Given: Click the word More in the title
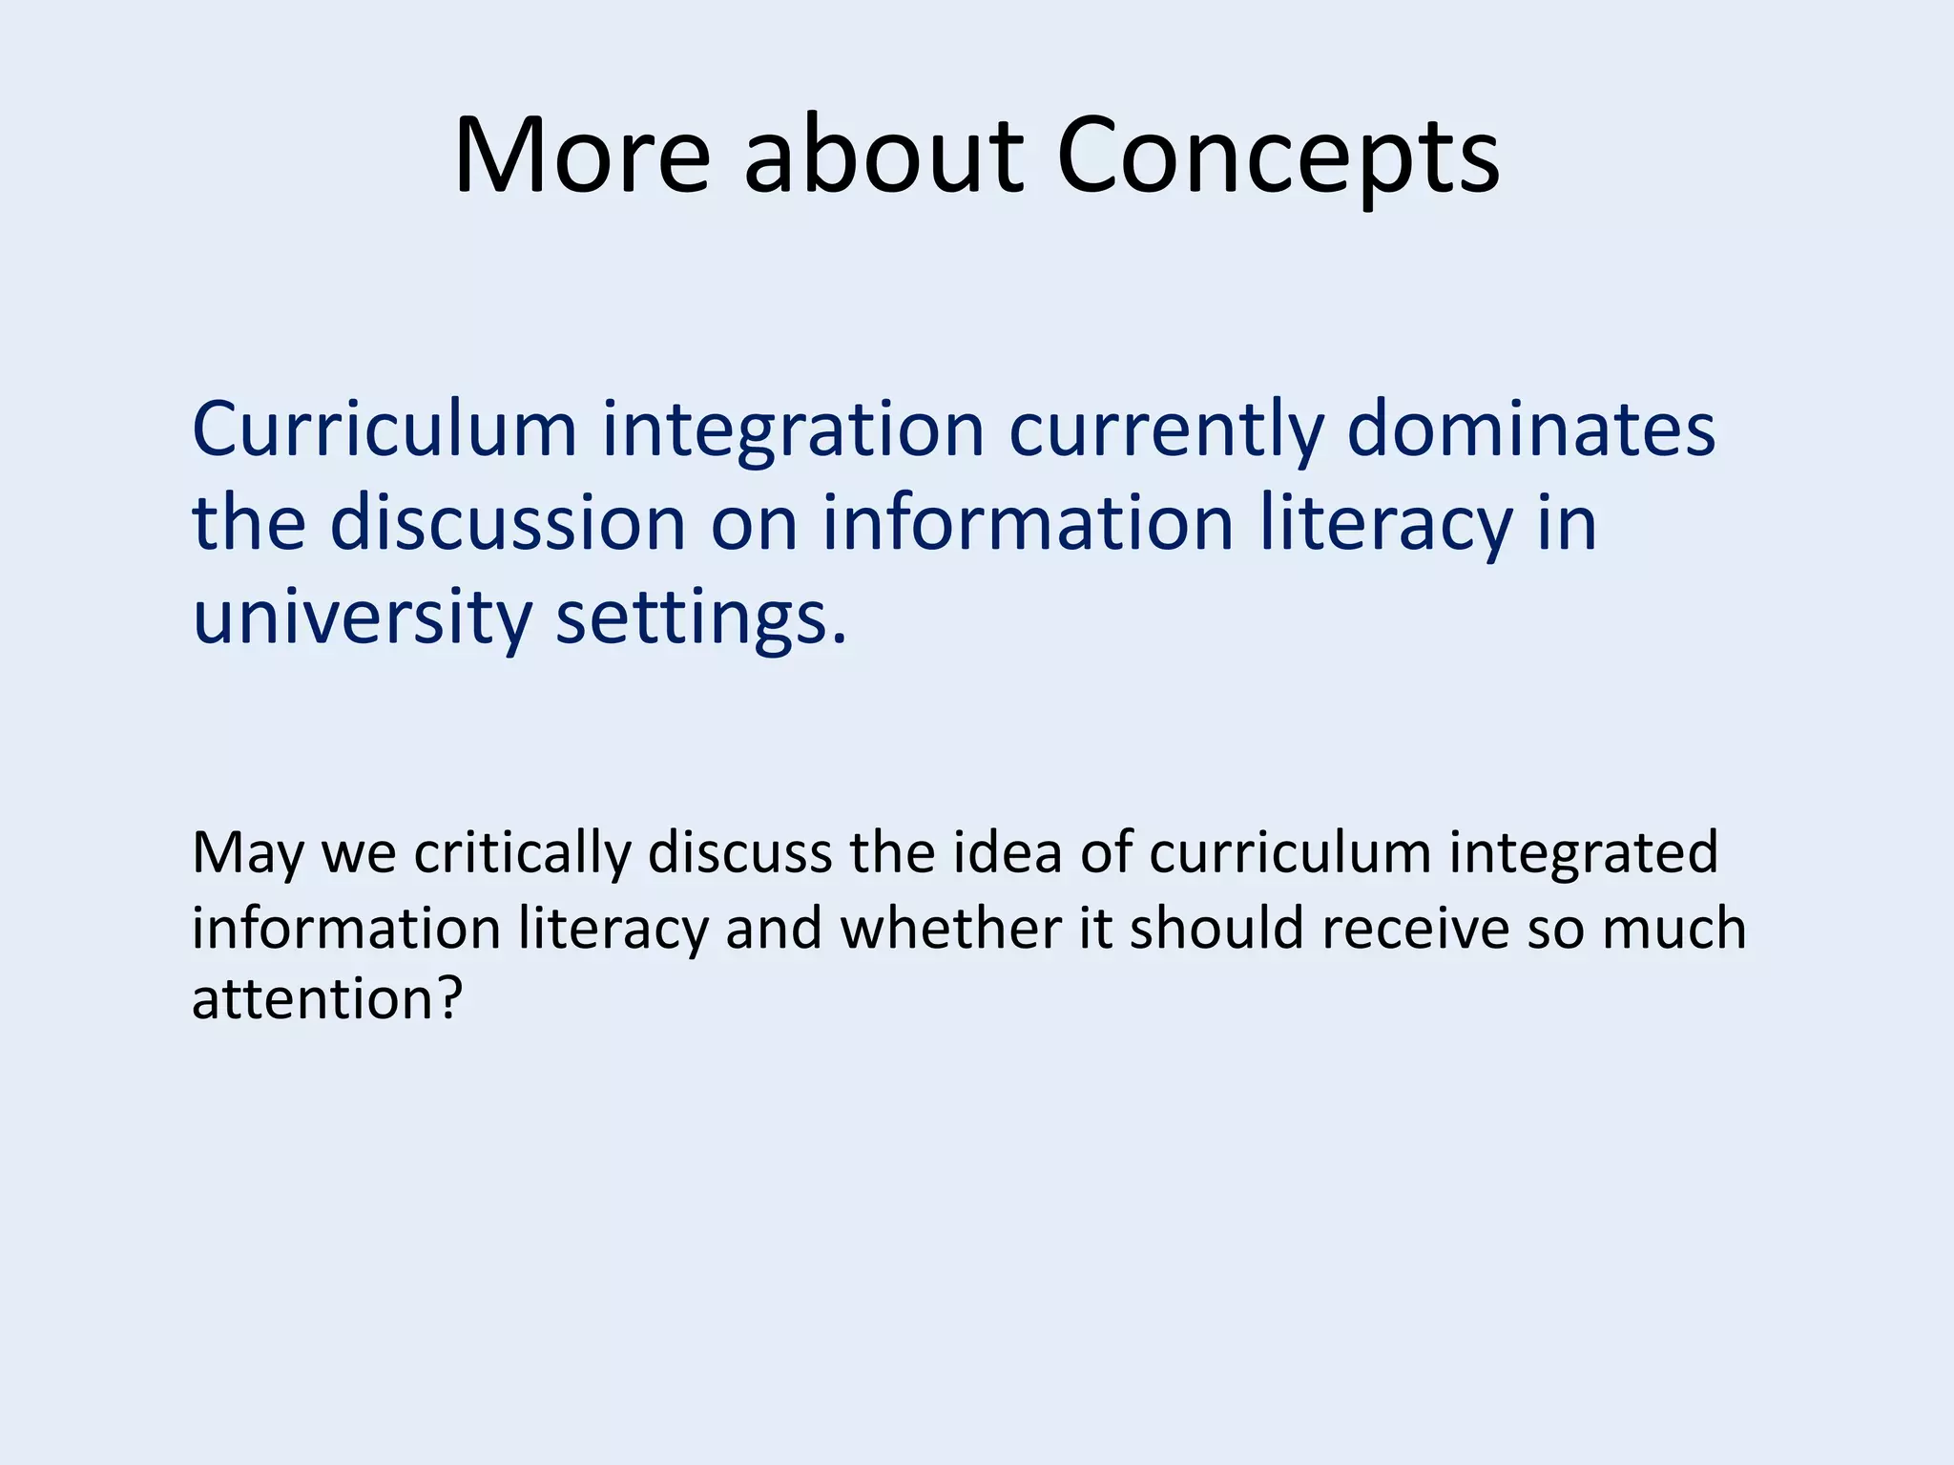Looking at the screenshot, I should pos(582,156).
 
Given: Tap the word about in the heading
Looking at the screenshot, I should pos(883,156).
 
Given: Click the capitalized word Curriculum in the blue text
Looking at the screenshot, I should pos(385,429).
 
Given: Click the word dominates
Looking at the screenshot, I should pos(1530,429).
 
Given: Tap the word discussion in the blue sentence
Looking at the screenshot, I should pos(508,523).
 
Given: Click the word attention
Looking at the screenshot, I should pos(316,1000).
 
